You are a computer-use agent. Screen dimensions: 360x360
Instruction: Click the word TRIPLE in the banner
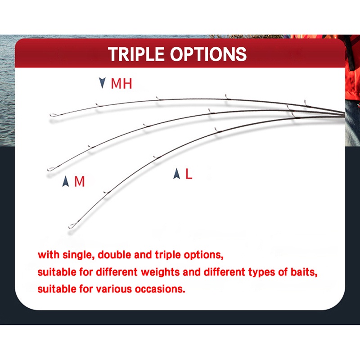click(x=136, y=54)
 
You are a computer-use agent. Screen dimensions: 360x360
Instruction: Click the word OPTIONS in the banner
click(x=208, y=54)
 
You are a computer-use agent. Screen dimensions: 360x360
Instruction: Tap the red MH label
click(x=121, y=84)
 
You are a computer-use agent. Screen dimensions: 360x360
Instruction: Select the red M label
click(x=80, y=181)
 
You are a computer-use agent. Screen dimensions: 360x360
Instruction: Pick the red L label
click(x=189, y=174)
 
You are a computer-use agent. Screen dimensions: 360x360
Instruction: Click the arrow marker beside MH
click(x=102, y=83)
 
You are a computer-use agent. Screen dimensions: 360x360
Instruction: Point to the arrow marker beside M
click(x=66, y=181)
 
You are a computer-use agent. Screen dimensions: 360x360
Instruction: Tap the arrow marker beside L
click(x=176, y=174)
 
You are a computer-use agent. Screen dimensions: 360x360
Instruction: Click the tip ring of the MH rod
click(x=53, y=115)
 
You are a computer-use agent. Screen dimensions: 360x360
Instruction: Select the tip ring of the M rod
click(x=51, y=169)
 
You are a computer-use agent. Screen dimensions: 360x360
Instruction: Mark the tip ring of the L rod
click(x=72, y=226)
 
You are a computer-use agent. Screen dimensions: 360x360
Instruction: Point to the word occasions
click(x=160, y=289)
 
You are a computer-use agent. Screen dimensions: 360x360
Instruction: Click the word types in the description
click(x=261, y=273)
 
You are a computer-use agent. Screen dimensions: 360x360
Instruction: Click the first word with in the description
click(x=48, y=255)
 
